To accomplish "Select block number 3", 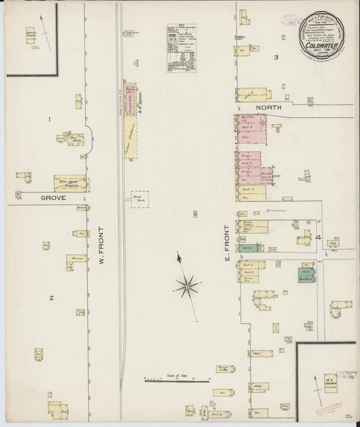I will click(x=276, y=57).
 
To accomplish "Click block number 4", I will click(x=317, y=237).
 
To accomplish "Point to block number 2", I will click(x=51, y=297).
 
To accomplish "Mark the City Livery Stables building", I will click(x=71, y=181).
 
